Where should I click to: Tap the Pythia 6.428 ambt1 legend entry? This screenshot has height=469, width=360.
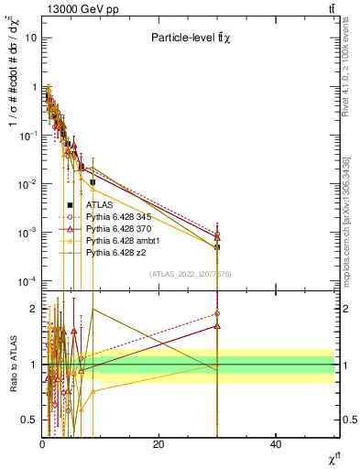(124, 240)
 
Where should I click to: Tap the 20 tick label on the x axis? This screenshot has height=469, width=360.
(159, 443)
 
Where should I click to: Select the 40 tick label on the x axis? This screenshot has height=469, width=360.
(277, 443)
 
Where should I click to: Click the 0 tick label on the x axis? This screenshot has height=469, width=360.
(42, 443)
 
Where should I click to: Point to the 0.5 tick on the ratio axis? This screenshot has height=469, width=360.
(29, 420)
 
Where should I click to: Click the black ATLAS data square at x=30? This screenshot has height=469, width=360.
(218, 247)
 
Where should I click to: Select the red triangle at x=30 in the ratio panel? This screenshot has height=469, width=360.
(218, 325)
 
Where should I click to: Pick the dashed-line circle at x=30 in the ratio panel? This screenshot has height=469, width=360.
(218, 314)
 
